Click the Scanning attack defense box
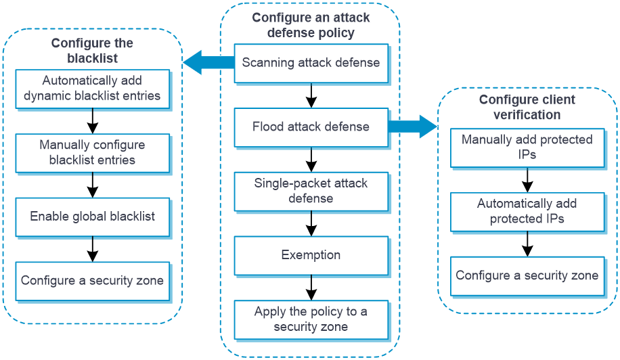click(311, 63)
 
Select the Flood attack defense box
click(311, 127)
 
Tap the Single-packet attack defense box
click(311, 192)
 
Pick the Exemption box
click(311, 255)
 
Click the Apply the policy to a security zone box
click(311, 319)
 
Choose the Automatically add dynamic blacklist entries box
click(93, 89)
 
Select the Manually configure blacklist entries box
click(93, 153)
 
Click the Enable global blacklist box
click(93, 217)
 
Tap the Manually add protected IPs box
click(527, 148)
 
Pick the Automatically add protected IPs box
click(527, 212)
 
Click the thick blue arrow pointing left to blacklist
click(208, 62)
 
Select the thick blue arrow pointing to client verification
click(413, 127)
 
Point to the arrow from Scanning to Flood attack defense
click(311, 95)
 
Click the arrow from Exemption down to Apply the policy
click(311, 288)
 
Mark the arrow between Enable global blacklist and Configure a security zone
click(93, 249)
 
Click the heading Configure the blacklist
click(92, 51)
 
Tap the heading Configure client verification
click(527, 107)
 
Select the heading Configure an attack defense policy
click(311, 25)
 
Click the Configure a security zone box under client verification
click(527, 276)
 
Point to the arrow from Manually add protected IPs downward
click(527, 180)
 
